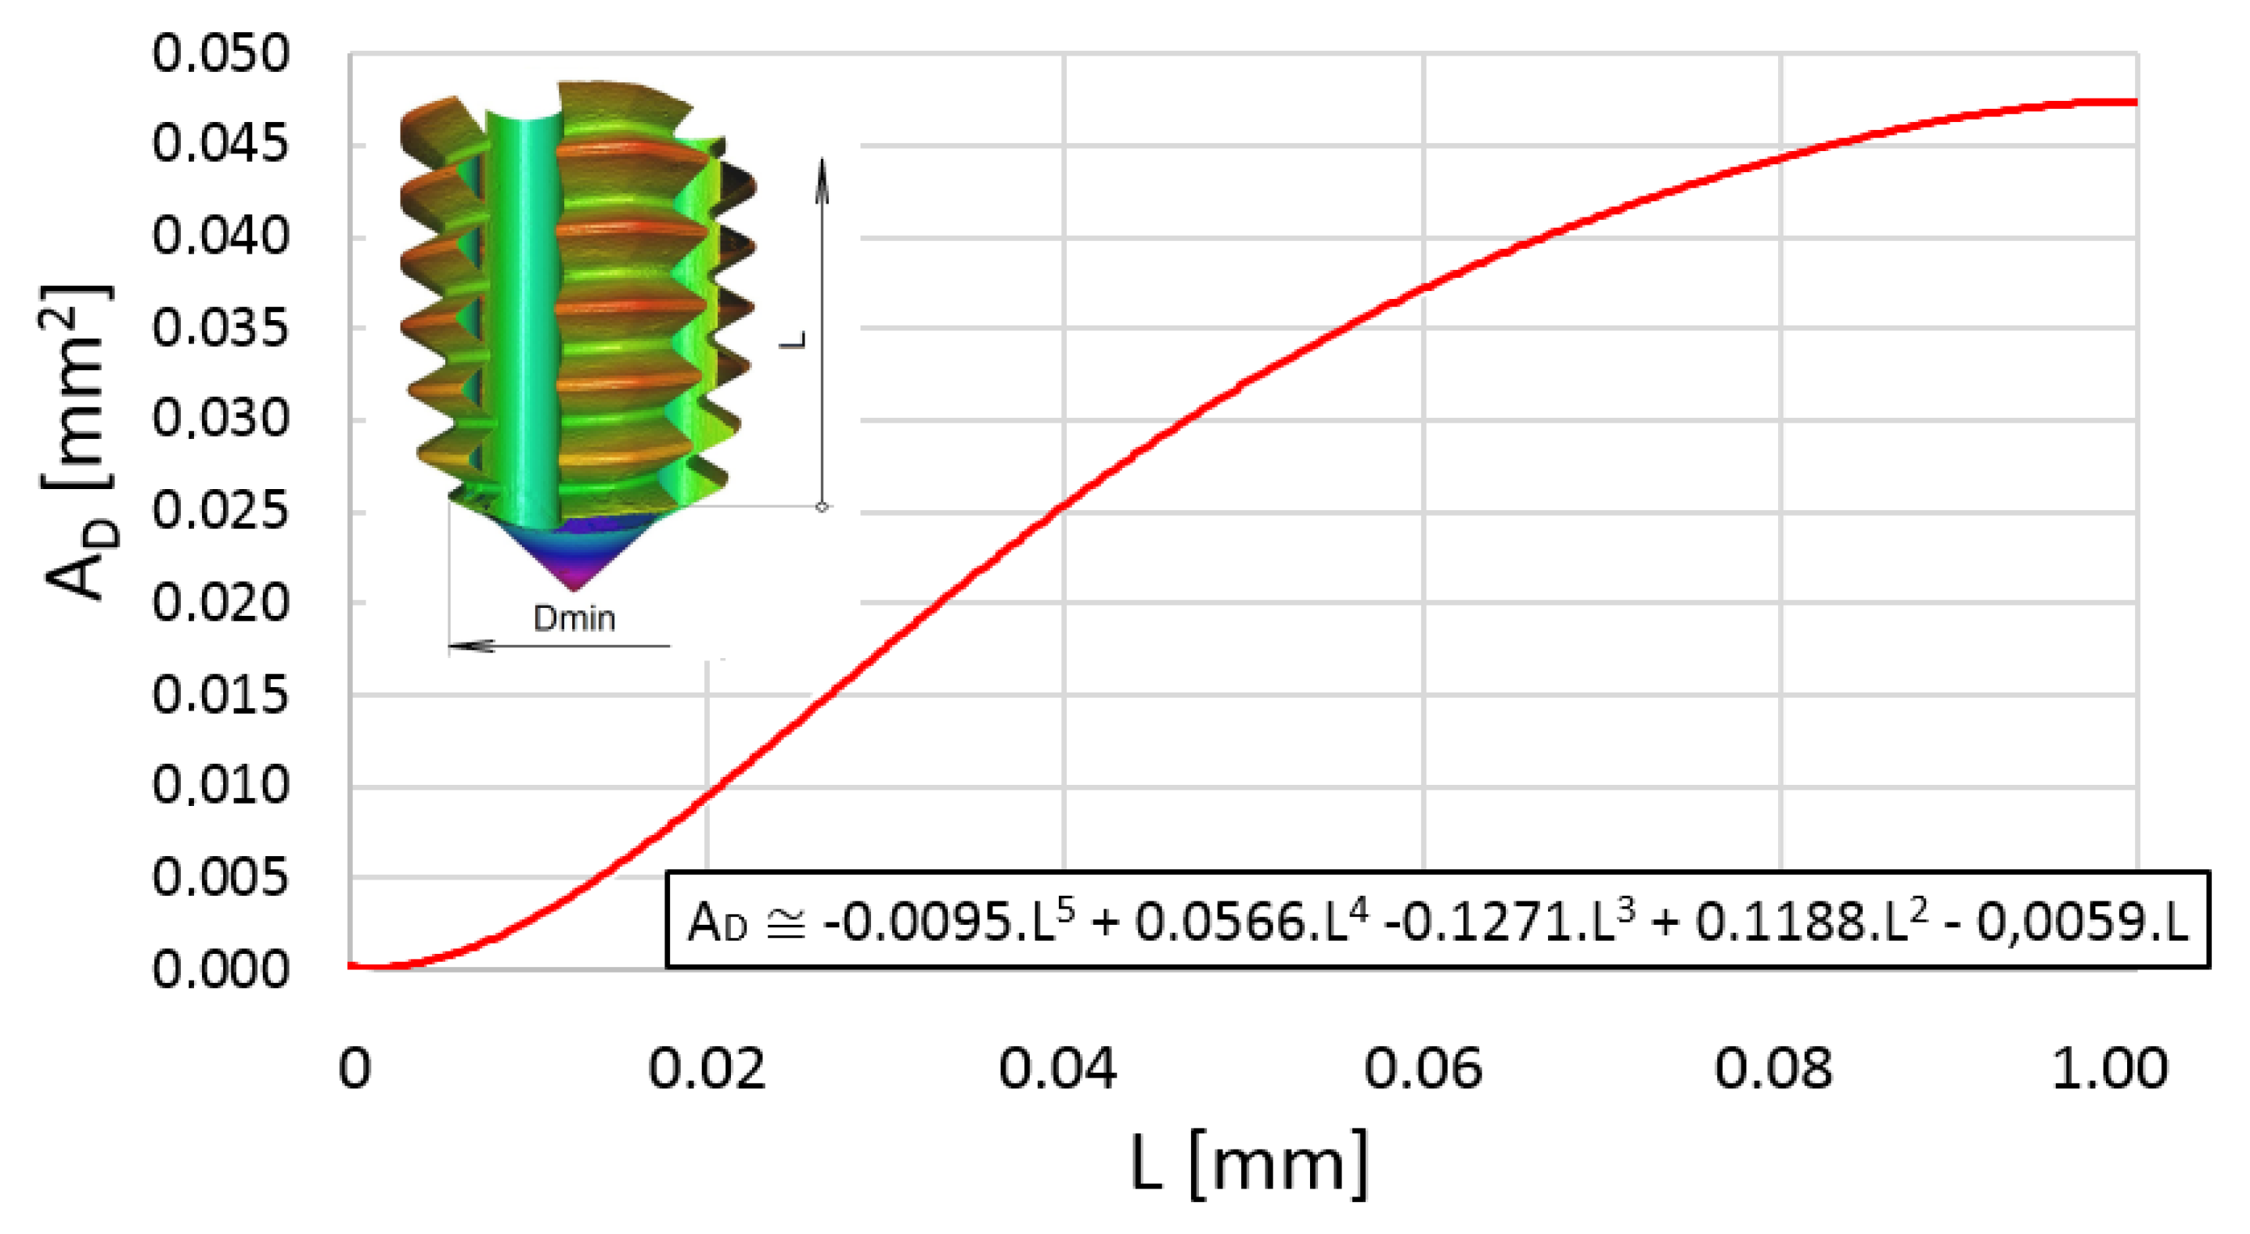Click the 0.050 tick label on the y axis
click(220, 54)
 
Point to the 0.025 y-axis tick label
click(220, 511)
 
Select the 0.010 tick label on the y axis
click(220, 785)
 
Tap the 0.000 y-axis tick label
click(220, 970)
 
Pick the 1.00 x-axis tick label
click(2109, 1068)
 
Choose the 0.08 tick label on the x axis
click(1773, 1068)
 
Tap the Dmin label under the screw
click(574, 618)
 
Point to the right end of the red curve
click(2135, 103)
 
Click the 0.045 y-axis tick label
click(220, 145)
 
